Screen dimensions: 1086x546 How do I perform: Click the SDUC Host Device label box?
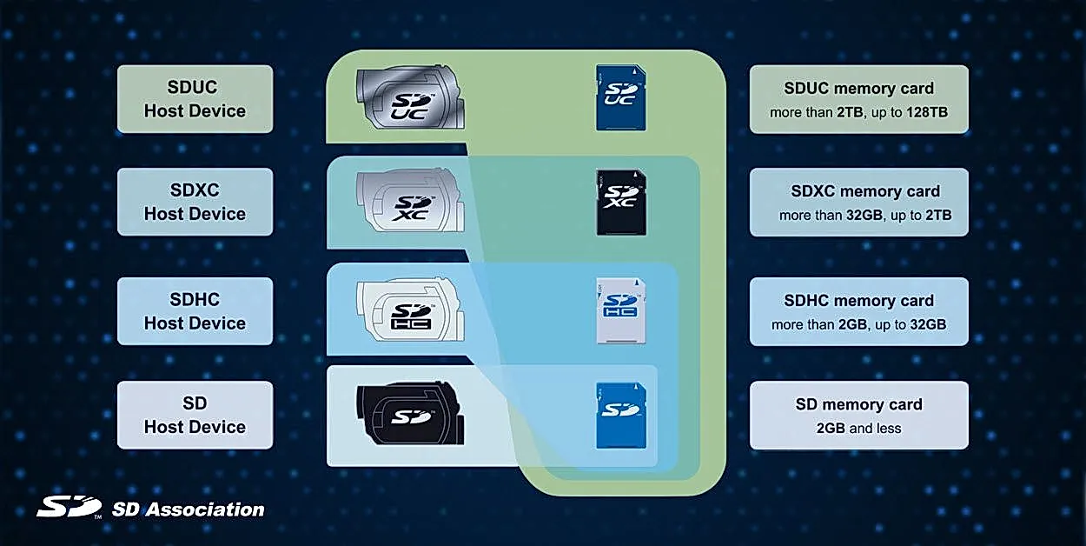[x=195, y=99]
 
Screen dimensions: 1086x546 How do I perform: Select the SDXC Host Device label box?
[x=195, y=202]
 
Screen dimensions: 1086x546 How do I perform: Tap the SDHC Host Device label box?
[x=195, y=311]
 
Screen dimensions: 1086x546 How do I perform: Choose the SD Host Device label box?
[x=195, y=415]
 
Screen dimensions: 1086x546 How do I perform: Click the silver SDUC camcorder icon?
[x=411, y=97]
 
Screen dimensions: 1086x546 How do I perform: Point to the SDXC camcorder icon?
[x=411, y=201]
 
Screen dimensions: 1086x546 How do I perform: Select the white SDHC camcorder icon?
[x=411, y=310]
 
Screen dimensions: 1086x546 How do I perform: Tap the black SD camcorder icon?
[x=411, y=414]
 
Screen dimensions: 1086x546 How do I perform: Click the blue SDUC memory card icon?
[x=621, y=97]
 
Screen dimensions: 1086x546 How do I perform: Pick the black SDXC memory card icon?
[x=621, y=203]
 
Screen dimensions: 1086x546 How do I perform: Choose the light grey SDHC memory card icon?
[x=621, y=310]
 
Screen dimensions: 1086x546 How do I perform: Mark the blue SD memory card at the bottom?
[x=621, y=416]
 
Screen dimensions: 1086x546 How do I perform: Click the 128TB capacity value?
[x=927, y=112]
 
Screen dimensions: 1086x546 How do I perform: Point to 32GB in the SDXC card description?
[x=864, y=215]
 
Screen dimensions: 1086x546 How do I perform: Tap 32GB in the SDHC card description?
[x=928, y=324]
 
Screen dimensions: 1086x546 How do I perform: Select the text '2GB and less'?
[x=858, y=428]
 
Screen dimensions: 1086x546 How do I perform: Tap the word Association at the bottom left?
[x=206, y=509]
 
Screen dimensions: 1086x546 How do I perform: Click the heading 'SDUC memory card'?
[x=858, y=89]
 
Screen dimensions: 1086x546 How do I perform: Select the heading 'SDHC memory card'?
[x=858, y=301]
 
